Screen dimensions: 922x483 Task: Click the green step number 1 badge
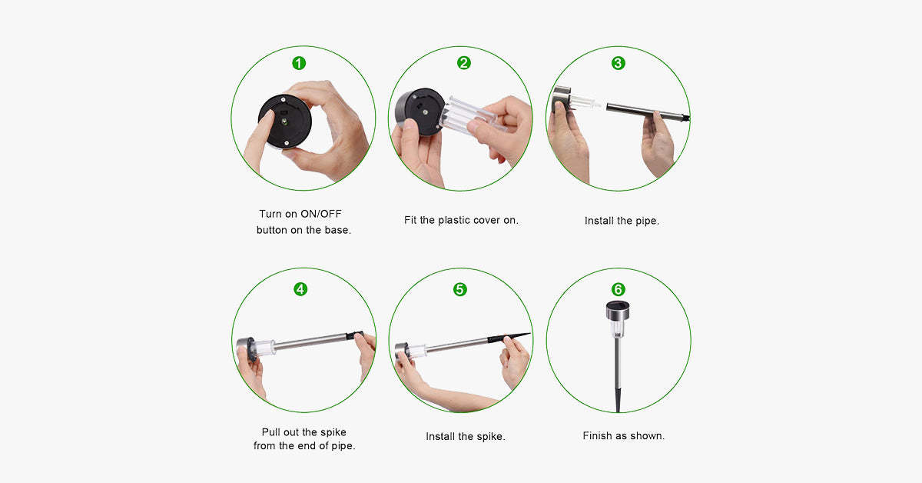(299, 63)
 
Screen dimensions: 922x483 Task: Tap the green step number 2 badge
(464, 62)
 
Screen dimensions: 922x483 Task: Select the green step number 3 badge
(618, 63)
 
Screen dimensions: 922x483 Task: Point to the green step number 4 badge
(300, 289)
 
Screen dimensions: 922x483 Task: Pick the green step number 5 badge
(459, 289)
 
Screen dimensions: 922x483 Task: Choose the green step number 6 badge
(618, 289)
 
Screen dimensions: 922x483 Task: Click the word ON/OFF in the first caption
(321, 214)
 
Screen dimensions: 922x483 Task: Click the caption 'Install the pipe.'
(622, 221)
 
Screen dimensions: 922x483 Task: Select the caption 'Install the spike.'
(466, 436)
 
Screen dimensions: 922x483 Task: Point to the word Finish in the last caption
(597, 435)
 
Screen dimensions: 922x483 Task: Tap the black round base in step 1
(285, 122)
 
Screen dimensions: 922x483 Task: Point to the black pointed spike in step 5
(509, 338)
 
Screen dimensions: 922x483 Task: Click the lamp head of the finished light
(618, 318)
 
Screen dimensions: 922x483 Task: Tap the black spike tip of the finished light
(618, 400)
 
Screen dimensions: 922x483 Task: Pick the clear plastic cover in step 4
(264, 348)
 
